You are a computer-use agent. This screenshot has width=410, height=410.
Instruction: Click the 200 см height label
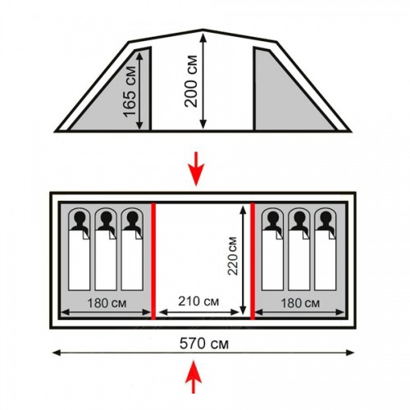tap(191, 81)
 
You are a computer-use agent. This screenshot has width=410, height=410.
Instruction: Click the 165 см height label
tap(130, 92)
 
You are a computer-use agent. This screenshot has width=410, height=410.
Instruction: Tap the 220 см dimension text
tap(232, 256)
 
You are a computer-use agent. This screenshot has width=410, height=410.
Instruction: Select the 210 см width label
tap(198, 302)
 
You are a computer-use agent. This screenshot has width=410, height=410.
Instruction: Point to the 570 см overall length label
tap(204, 344)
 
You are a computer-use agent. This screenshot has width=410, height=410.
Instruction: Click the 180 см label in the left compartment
tap(107, 303)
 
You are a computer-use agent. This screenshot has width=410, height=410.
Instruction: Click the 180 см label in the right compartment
tap(300, 303)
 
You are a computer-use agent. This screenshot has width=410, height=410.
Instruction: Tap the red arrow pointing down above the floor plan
tap(196, 169)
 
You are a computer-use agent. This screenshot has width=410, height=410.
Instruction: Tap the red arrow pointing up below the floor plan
tap(194, 377)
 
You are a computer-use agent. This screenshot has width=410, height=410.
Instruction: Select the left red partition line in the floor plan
tap(153, 261)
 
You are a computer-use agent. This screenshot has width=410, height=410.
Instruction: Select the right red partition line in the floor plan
tap(253, 261)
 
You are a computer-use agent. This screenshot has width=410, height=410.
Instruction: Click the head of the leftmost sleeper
tap(80, 218)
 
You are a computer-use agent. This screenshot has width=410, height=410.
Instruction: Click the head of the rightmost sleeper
tap(326, 218)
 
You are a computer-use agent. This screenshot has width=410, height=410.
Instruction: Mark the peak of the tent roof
tap(203, 30)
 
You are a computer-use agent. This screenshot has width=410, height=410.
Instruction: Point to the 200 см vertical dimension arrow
tap(203, 80)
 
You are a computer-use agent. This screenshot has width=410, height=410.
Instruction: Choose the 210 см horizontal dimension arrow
tap(198, 312)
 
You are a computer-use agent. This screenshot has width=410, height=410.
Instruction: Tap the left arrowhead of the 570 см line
tap(55, 353)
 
